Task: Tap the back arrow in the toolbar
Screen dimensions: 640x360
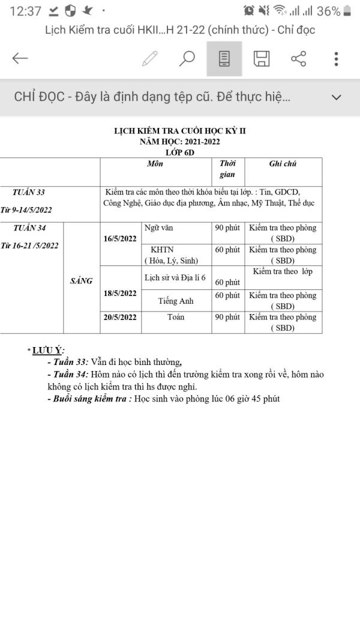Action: [20, 58]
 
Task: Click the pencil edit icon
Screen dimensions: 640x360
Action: [149, 58]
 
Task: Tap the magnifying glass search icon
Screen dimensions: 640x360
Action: [187, 58]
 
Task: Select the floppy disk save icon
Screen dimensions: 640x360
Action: [262, 58]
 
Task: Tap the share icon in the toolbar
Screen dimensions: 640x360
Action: [298, 58]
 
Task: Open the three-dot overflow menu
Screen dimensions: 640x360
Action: [337, 58]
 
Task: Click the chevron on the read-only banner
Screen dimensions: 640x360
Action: [337, 97]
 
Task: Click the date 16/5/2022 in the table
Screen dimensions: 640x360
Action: [120, 238]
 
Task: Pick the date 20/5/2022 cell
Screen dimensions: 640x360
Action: [120, 317]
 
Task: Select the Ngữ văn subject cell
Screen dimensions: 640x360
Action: [159, 228]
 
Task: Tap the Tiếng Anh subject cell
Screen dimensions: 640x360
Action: [176, 301]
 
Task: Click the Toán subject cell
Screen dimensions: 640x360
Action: [176, 317]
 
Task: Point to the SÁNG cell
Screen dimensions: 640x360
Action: [81, 280]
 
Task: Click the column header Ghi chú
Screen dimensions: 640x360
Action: [283, 163]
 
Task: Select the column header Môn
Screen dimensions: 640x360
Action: [155, 163]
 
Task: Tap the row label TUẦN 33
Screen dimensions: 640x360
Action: [29, 192]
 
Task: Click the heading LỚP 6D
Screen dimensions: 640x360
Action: [180, 152]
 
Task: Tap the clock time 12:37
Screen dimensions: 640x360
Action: [26, 11]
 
